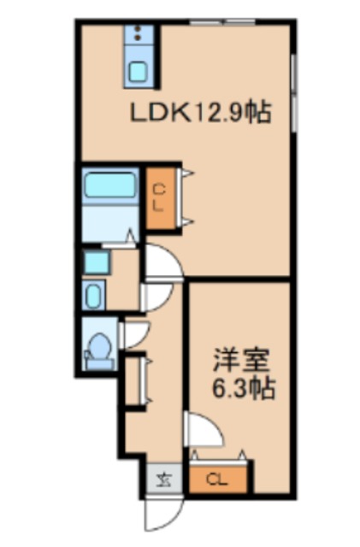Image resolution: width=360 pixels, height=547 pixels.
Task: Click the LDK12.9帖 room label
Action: pos(201,112)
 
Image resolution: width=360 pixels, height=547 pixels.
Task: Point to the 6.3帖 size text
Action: pos(244,390)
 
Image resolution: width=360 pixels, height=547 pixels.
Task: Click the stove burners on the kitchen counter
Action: pos(138,35)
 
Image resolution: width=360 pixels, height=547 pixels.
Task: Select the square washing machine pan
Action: pos(97,262)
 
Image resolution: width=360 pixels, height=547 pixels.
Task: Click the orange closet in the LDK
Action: pos(159,197)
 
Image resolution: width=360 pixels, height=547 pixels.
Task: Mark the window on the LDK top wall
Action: pos(222,21)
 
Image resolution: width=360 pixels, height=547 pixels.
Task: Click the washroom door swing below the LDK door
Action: pos(154,297)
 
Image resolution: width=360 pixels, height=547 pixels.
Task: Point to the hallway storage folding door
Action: pos(138,379)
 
